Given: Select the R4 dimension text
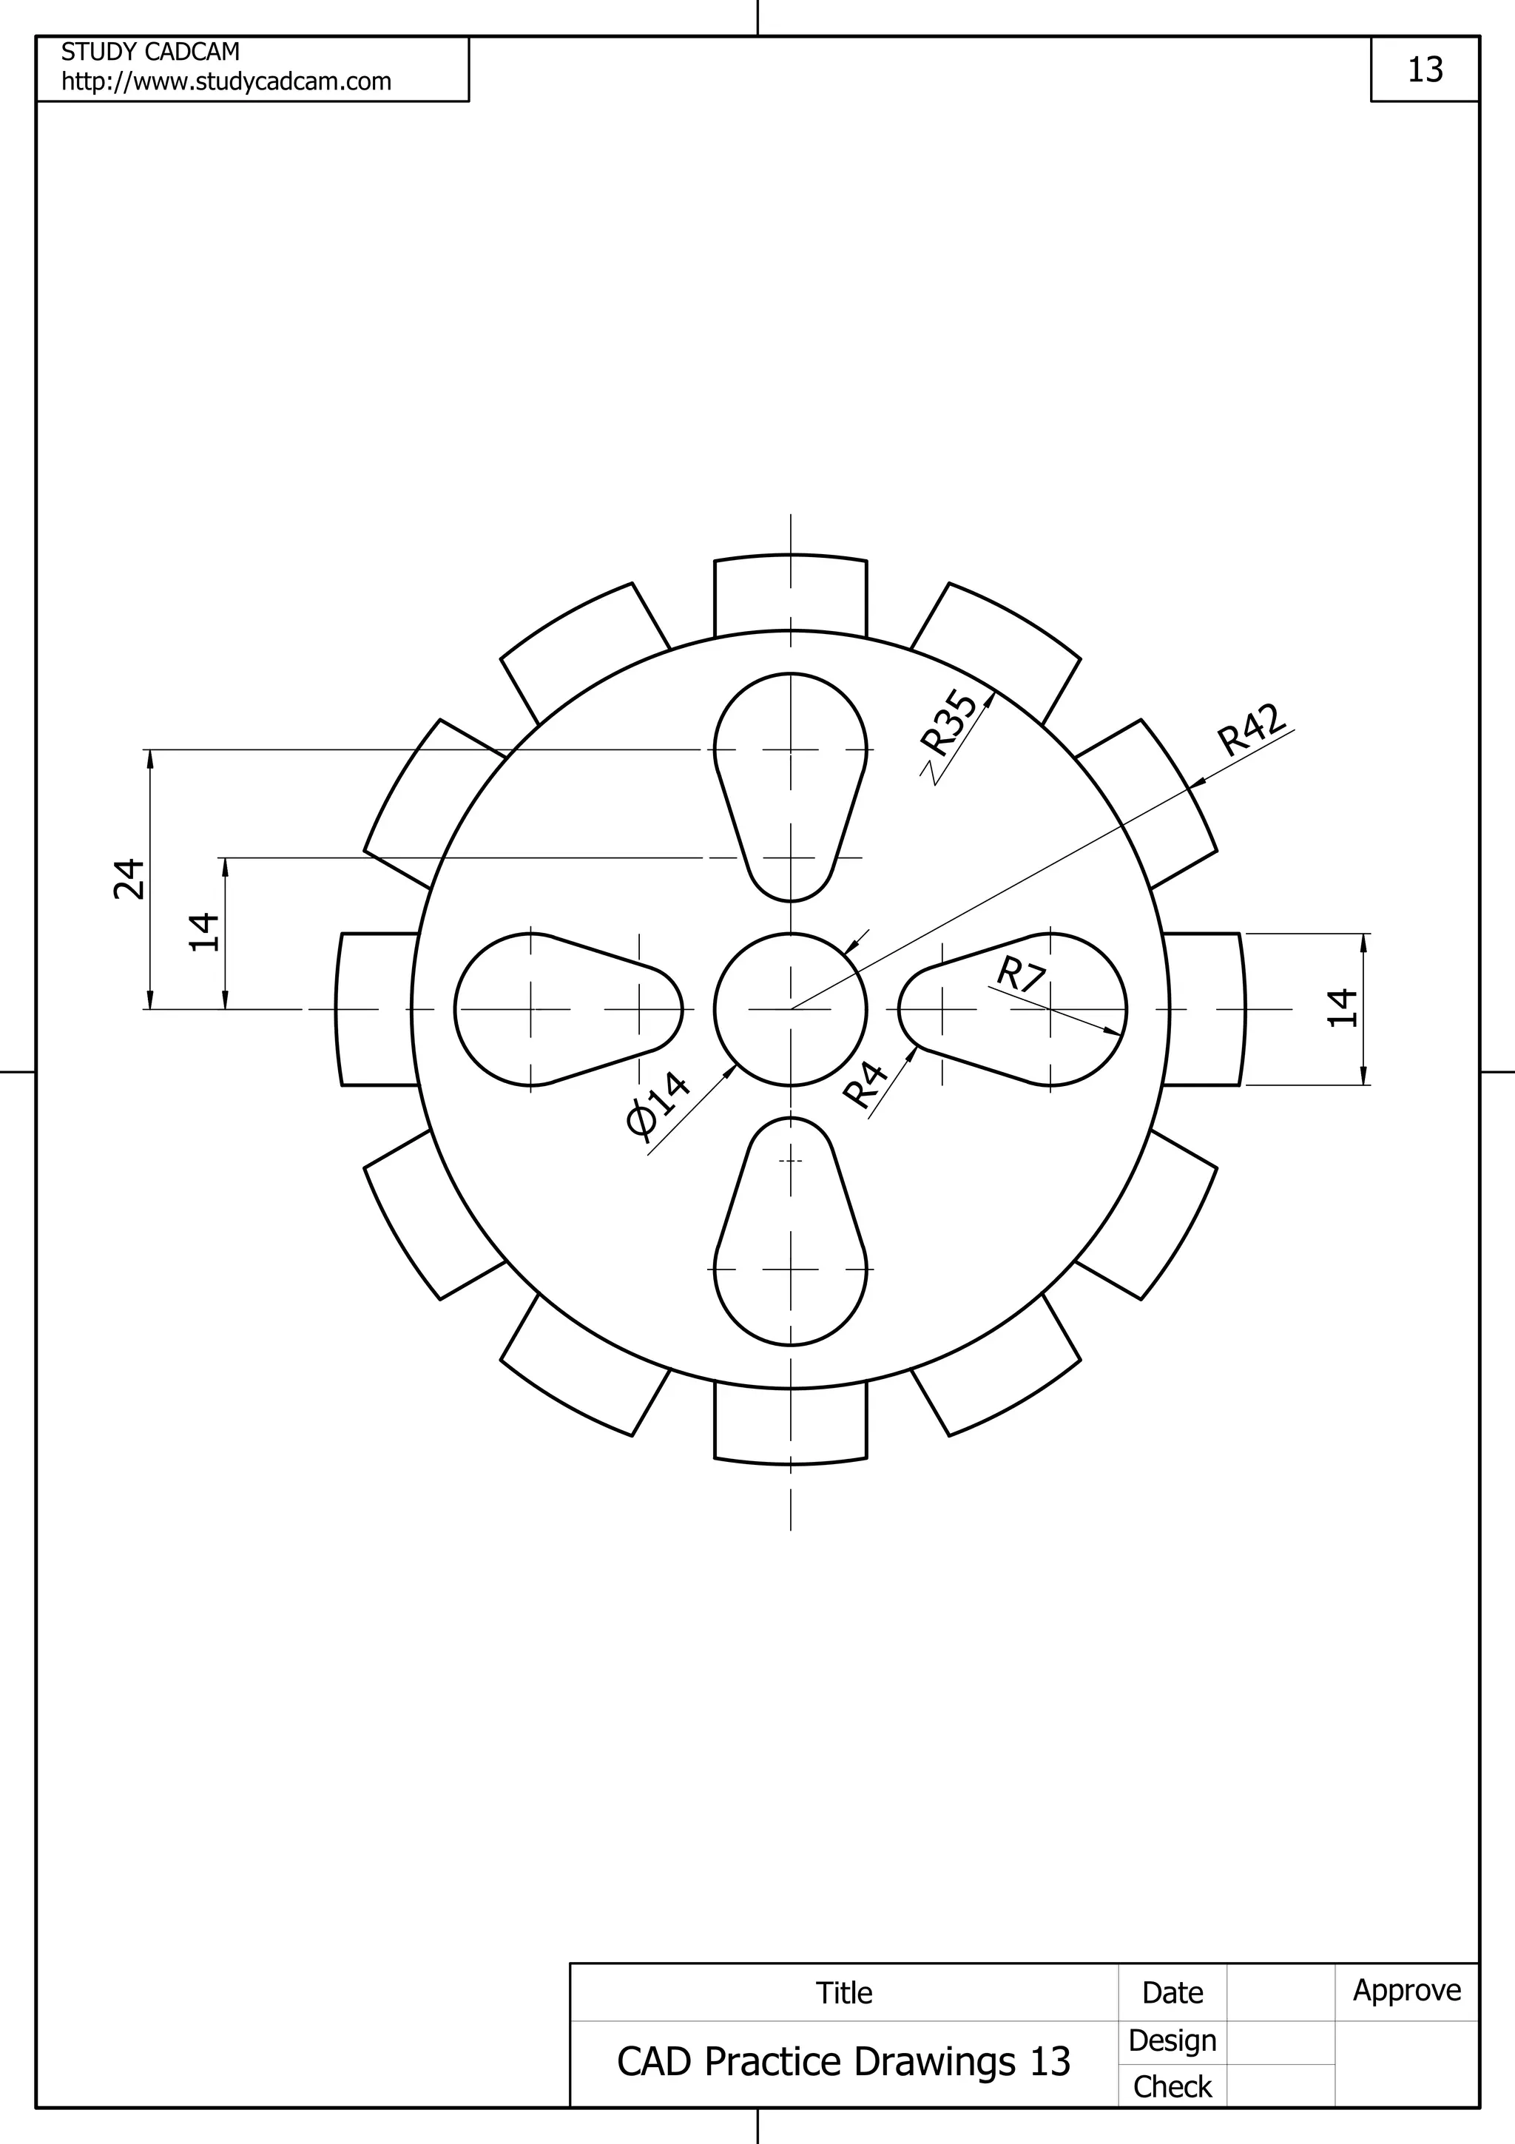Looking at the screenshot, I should pyautogui.click(x=866, y=1084).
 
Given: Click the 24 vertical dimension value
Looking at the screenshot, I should pyautogui.click(x=129, y=879).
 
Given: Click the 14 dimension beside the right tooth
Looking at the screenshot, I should pyautogui.click(x=1341, y=1008).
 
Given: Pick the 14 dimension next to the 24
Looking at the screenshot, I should pyautogui.click(x=204, y=932).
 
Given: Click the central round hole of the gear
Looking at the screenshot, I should pyautogui.click(x=790, y=1008).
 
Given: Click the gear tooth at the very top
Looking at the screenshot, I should pyautogui.click(x=790, y=594).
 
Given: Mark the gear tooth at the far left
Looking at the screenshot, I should pyautogui.click(x=377, y=1008).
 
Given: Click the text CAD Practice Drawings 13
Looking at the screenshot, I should pyautogui.click(x=843, y=2061).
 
